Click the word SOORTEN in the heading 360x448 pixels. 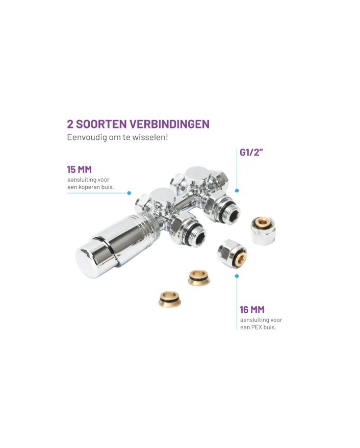[101, 125]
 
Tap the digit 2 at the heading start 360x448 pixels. [70, 125]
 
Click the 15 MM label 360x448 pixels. [80, 169]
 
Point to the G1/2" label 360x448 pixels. [251, 152]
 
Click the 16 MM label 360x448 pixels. [252, 309]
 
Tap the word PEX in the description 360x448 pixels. [256, 327]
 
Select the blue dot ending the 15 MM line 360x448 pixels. [129, 193]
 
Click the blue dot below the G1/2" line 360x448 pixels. [237, 190]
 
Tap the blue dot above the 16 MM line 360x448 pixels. [237, 276]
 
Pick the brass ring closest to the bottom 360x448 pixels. [170, 298]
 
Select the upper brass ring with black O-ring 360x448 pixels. [199, 278]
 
